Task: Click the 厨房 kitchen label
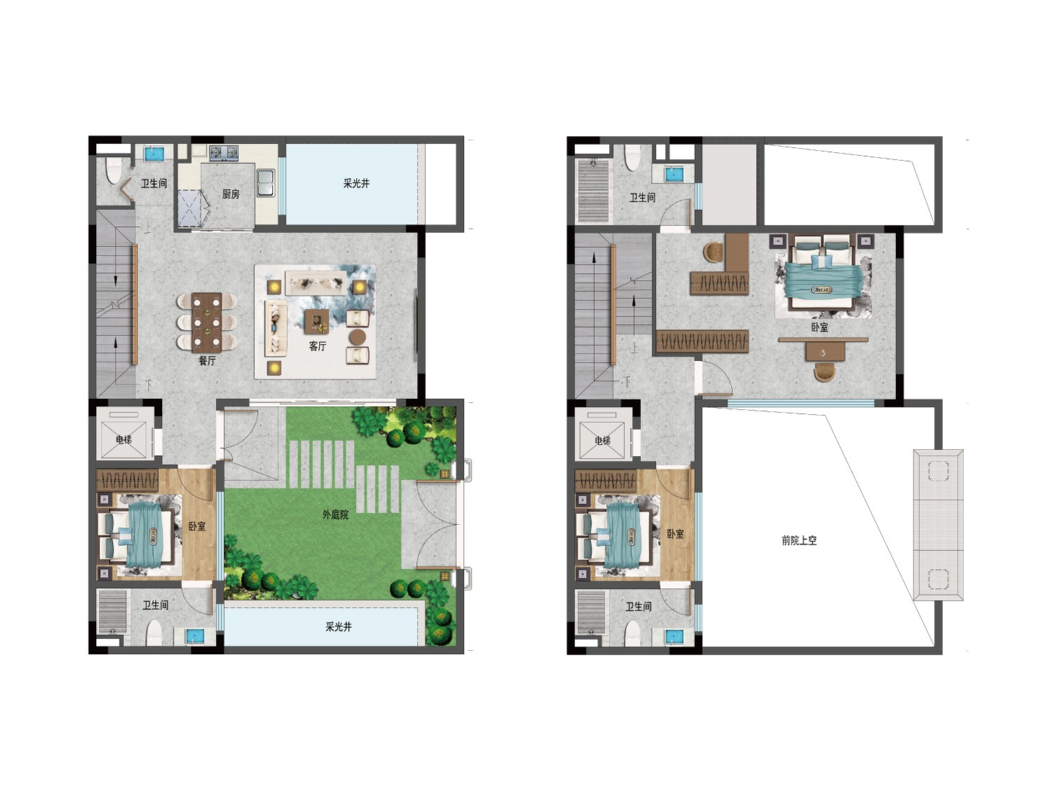pos(231,194)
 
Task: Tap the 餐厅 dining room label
pos(207,361)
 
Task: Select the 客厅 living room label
pos(317,346)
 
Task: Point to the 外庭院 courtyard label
pos(335,515)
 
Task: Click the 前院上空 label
pos(799,541)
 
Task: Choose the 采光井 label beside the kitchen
pos(356,183)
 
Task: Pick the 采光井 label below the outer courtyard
pos(338,627)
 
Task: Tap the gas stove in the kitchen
pos(223,153)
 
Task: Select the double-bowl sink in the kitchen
pos(266,183)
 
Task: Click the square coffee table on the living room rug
pos(317,321)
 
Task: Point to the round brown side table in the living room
pos(357,337)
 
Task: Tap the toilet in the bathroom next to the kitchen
pos(113,172)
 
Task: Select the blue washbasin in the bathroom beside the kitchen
pos(154,153)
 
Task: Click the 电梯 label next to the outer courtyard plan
pos(123,439)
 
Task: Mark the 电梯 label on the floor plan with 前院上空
pos(602,440)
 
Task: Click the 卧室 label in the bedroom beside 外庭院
pos(197,527)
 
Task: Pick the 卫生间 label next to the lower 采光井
pos(156,605)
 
